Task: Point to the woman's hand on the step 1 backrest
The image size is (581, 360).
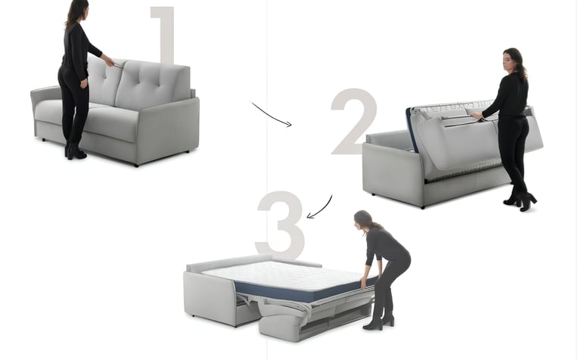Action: [109, 61]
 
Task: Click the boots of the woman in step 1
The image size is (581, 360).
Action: [75, 151]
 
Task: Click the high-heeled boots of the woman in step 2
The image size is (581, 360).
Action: [521, 200]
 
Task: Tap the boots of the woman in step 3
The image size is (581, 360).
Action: [381, 321]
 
